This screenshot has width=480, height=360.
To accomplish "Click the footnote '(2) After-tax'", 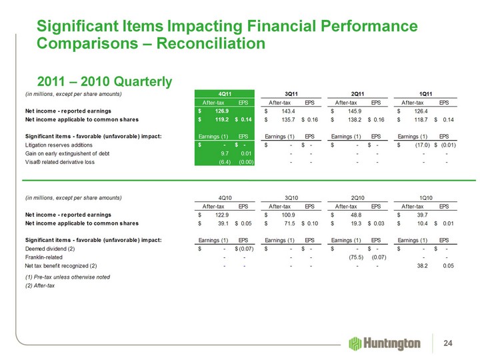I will tap(40, 285).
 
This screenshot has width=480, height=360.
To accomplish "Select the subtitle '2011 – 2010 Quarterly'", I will tap(105, 81).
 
